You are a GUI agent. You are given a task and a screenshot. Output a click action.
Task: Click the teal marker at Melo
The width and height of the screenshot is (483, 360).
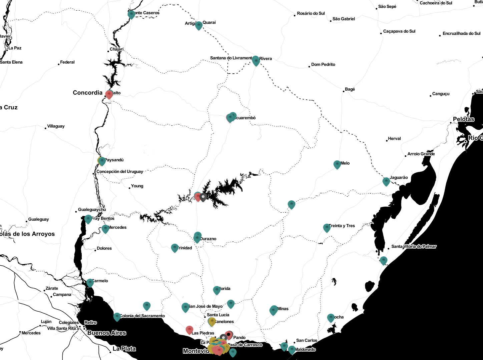337,164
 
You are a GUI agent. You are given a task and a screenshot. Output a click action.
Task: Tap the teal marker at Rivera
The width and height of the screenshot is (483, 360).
256,60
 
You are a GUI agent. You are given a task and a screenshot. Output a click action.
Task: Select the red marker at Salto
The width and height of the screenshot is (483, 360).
109,94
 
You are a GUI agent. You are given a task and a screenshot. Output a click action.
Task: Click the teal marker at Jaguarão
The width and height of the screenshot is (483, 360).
386,181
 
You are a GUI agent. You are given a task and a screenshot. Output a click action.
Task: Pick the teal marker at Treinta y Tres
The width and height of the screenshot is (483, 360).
327,227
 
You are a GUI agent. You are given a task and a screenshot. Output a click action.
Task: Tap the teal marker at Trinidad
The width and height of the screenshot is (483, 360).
174,248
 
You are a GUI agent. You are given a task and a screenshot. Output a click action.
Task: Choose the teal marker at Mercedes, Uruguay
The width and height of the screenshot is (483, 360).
105,229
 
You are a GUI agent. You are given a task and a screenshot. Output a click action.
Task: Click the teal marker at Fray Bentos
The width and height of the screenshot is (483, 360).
88,219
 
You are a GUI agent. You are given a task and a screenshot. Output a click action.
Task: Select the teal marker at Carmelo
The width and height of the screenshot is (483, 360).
90,283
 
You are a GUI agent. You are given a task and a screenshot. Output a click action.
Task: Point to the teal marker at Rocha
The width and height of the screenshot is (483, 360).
331,318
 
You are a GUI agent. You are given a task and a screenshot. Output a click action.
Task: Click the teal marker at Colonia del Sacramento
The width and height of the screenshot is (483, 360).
117,316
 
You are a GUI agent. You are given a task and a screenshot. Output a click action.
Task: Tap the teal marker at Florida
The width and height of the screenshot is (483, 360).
217,290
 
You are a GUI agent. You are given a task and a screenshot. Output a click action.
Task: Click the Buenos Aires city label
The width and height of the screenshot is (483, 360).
107,333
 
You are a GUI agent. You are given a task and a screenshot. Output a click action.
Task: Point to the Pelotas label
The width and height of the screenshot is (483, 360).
463,119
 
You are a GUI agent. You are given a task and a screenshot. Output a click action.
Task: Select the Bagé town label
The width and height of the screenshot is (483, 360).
350,89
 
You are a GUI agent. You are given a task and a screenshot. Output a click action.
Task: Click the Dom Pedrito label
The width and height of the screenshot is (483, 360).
323,64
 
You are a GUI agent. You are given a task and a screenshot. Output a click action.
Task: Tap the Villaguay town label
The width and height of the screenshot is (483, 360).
56,126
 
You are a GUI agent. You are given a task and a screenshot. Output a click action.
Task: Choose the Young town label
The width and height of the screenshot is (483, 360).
137,186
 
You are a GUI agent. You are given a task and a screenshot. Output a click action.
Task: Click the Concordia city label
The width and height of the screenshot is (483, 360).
88,93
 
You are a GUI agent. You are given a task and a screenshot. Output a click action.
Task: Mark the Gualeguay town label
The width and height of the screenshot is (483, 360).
38,219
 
